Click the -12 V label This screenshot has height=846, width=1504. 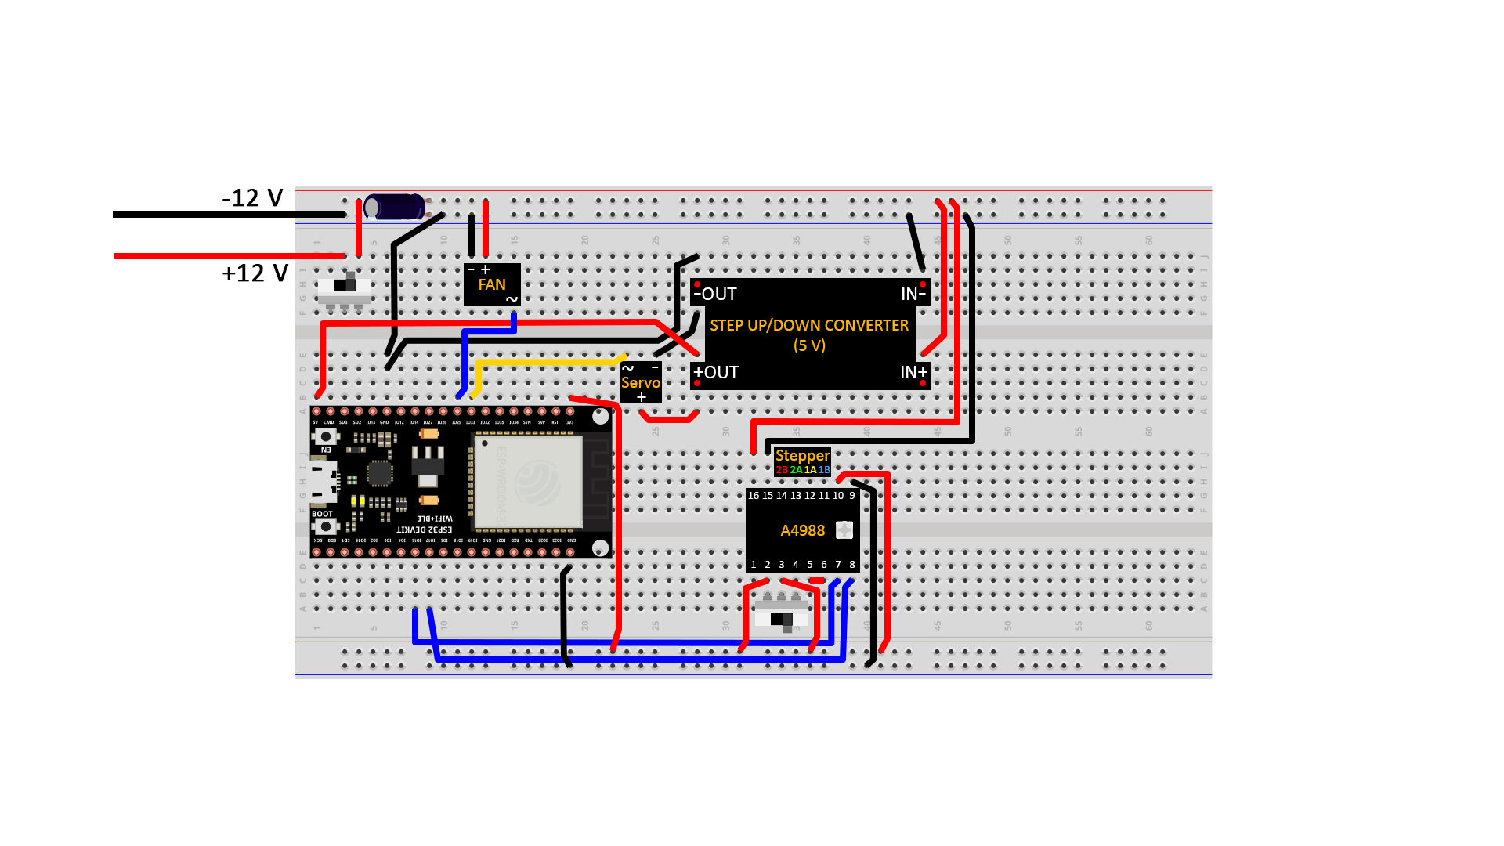coord(252,197)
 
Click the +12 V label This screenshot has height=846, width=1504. coord(255,273)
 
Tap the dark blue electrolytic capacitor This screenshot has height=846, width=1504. coord(395,207)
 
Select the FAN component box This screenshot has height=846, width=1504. coord(492,284)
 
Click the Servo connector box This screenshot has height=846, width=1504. coord(641,382)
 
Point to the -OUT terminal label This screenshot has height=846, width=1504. coord(716,294)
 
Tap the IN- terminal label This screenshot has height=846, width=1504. coord(913,294)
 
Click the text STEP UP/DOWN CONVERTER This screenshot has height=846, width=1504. coord(809,325)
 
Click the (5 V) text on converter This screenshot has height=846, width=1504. coord(809,345)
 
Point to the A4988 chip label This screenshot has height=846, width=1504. coord(803,530)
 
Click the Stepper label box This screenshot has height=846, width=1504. coord(802,461)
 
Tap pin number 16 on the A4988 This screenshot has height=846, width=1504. coord(754,496)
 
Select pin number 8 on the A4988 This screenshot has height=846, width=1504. coord(852,564)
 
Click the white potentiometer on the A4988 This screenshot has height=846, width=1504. coord(844,530)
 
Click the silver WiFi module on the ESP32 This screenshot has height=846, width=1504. coord(528,481)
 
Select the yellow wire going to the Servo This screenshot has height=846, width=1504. coord(548,363)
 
